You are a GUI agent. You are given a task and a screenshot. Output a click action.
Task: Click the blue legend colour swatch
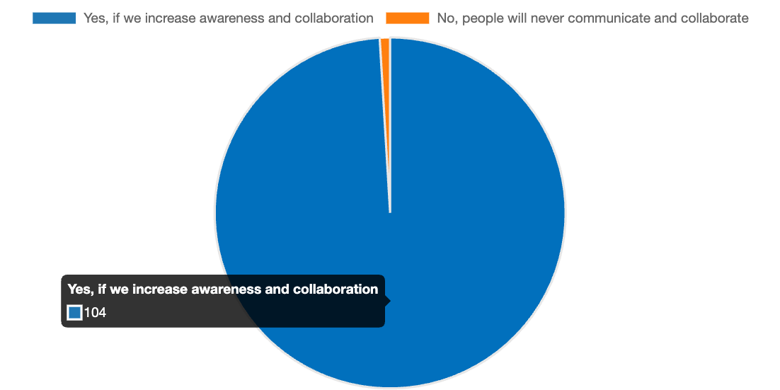(54, 18)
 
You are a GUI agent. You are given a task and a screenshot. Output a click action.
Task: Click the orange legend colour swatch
(407, 18)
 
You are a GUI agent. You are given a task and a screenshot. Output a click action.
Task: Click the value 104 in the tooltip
(95, 312)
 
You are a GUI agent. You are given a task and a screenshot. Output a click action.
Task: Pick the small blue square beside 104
(74, 312)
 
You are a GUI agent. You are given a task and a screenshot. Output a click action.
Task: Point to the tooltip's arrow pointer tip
(389, 301)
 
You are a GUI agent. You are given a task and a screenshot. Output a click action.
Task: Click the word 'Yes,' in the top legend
(95, 18)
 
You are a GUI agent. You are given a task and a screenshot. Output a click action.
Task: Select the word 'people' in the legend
(482, 18)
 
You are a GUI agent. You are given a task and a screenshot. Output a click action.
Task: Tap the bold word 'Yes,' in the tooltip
(80, 289)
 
